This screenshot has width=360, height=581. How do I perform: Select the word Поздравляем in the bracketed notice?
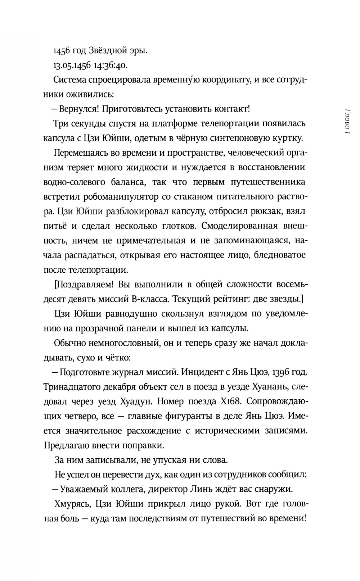[86, 284]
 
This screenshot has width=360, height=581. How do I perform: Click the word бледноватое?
[280, 255]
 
